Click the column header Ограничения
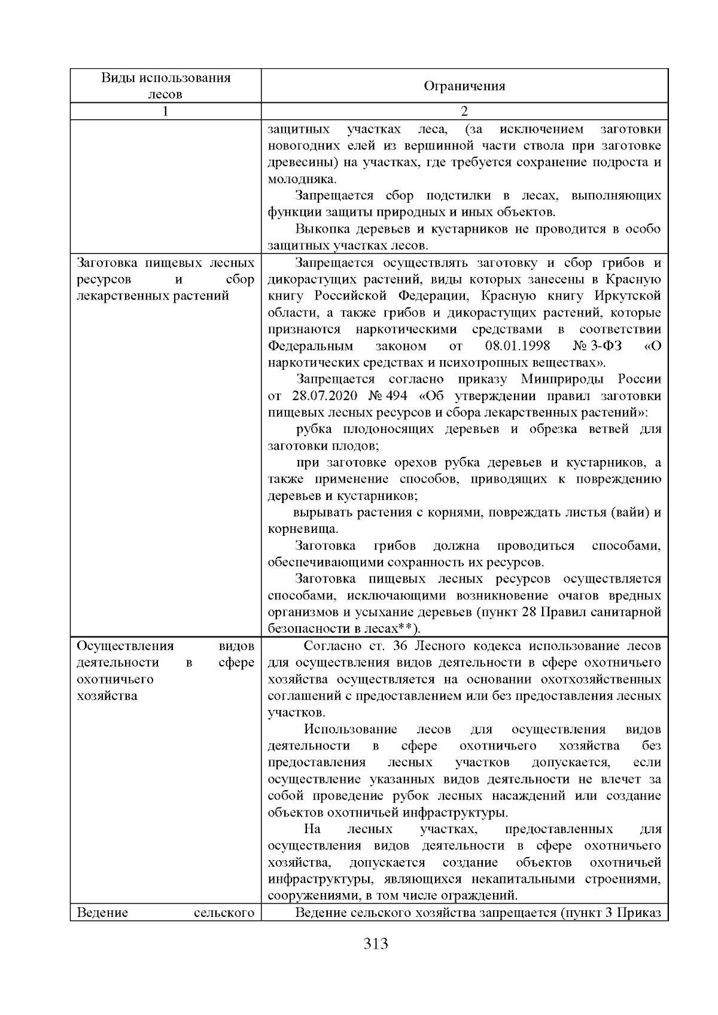pos(464,86)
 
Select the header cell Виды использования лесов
pos(166,86)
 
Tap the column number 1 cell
pos(166,111)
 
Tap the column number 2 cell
pos(464,111)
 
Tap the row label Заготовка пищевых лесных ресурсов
pos(166,263)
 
